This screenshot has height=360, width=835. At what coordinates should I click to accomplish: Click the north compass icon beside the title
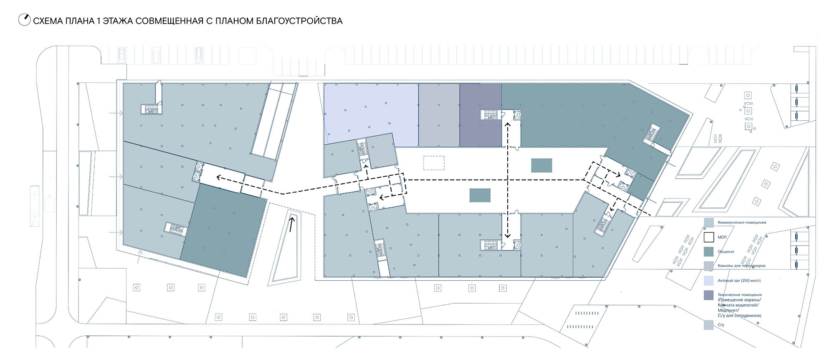[24, 20]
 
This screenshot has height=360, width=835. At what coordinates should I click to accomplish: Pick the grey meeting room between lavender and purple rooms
[439, 115]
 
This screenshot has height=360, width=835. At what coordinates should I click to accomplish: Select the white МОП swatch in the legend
[708, 237]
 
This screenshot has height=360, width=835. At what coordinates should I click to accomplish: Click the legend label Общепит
[726, 252]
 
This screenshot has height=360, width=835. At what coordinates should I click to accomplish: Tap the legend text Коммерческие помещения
[742, 223]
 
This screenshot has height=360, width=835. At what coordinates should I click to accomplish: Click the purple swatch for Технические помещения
[708, 295]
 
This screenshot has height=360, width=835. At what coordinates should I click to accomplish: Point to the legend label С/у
[721, 325]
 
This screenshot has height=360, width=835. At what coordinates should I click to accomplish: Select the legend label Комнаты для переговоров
[741, 266]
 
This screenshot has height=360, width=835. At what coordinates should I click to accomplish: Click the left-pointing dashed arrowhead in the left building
[219, 177]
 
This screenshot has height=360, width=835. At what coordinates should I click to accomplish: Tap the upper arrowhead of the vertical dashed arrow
[508, 124]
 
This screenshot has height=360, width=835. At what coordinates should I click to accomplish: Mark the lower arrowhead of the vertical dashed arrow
[508, 235]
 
